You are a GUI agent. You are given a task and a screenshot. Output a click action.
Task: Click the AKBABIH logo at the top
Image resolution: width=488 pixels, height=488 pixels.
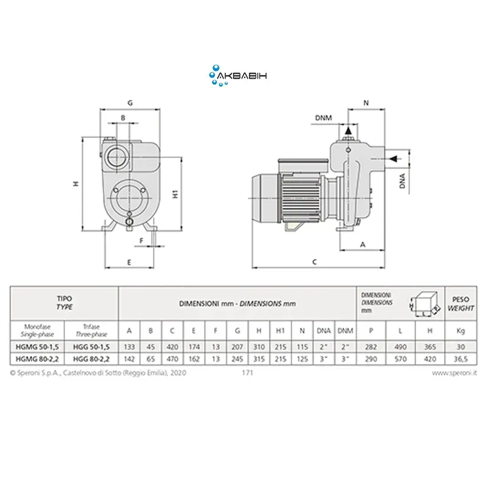coord(238,76)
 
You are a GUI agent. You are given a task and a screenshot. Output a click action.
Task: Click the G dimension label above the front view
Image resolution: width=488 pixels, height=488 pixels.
coord(130,102)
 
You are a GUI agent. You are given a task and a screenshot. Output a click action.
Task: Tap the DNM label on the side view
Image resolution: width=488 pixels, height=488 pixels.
coord(323,118)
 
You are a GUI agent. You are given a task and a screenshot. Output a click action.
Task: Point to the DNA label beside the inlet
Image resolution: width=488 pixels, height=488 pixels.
coord(403,181)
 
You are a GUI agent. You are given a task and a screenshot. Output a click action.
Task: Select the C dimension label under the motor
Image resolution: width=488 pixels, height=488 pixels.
coord(314,262)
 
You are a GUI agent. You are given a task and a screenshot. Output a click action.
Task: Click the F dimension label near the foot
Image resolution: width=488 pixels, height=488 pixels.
coord(142,240)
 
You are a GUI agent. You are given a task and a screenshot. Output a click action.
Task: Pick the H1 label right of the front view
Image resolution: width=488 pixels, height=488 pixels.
coord(175,194)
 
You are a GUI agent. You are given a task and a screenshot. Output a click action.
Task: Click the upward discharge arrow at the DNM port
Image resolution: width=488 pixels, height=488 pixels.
coord(348,131)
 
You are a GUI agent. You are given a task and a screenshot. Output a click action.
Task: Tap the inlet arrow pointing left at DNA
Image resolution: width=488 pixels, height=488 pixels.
coord(394,159)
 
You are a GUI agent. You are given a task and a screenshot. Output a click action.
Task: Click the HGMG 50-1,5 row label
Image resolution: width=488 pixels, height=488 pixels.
coord(37,346)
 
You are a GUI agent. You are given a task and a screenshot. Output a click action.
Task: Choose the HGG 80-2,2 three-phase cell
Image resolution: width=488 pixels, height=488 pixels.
coord(91,359)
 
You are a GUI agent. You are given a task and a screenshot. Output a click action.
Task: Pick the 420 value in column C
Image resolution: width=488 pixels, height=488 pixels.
coord(172,346)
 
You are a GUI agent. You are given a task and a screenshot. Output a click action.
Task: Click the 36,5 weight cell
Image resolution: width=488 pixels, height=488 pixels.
coord(461,359)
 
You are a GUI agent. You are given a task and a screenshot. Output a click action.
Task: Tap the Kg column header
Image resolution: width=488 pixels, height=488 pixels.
coord(461,331)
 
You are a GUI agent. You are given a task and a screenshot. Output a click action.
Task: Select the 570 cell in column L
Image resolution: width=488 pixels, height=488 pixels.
coord(400,359)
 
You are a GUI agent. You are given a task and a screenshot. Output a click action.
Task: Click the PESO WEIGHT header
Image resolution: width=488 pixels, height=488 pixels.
coord(461,303)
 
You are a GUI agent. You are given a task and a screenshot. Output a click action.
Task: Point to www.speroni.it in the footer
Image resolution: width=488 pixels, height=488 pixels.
coord(454,373)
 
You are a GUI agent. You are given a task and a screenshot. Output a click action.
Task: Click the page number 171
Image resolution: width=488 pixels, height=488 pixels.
coord(248,373)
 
